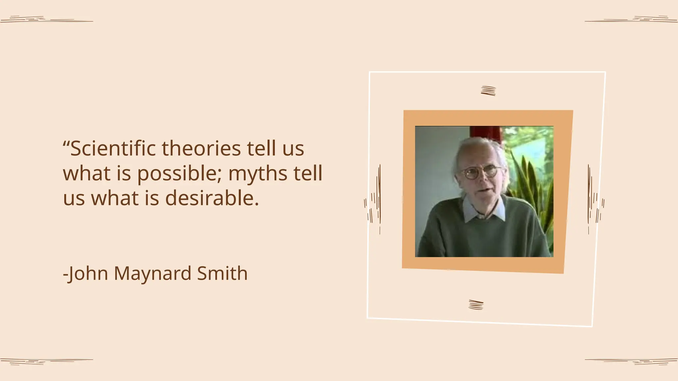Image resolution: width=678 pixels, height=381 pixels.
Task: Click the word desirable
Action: pyautogui.click(x=212, y=198)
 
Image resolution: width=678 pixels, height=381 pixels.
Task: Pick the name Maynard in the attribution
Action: pyautogui.click(x=153, y=274)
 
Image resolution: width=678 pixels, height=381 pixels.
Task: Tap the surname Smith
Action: pyautogui.click(x=222, y=274)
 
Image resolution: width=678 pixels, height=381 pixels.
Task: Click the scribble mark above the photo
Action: pyautogui.click(x=488, y=91)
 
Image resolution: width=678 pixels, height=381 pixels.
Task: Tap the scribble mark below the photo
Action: pyautogui.click(x=476, y=305)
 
